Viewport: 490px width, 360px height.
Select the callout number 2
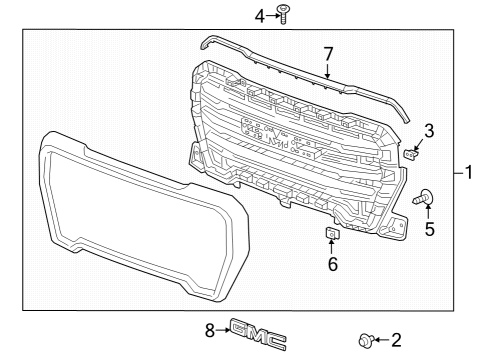click(395, 340)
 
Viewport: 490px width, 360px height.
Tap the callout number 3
click(427, 130)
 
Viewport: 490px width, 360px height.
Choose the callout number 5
click(431, 229)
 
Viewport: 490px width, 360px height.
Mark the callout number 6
click(333, 265)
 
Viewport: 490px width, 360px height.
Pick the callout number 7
click(327, 53)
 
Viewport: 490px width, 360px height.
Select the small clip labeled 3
click(413, 153)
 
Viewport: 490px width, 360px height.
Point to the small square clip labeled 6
click(333, 234)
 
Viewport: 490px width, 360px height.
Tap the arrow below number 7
click(327, 70)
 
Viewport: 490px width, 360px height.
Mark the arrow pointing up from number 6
click(333, 249)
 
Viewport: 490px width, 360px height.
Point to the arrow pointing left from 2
click(381, 340)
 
